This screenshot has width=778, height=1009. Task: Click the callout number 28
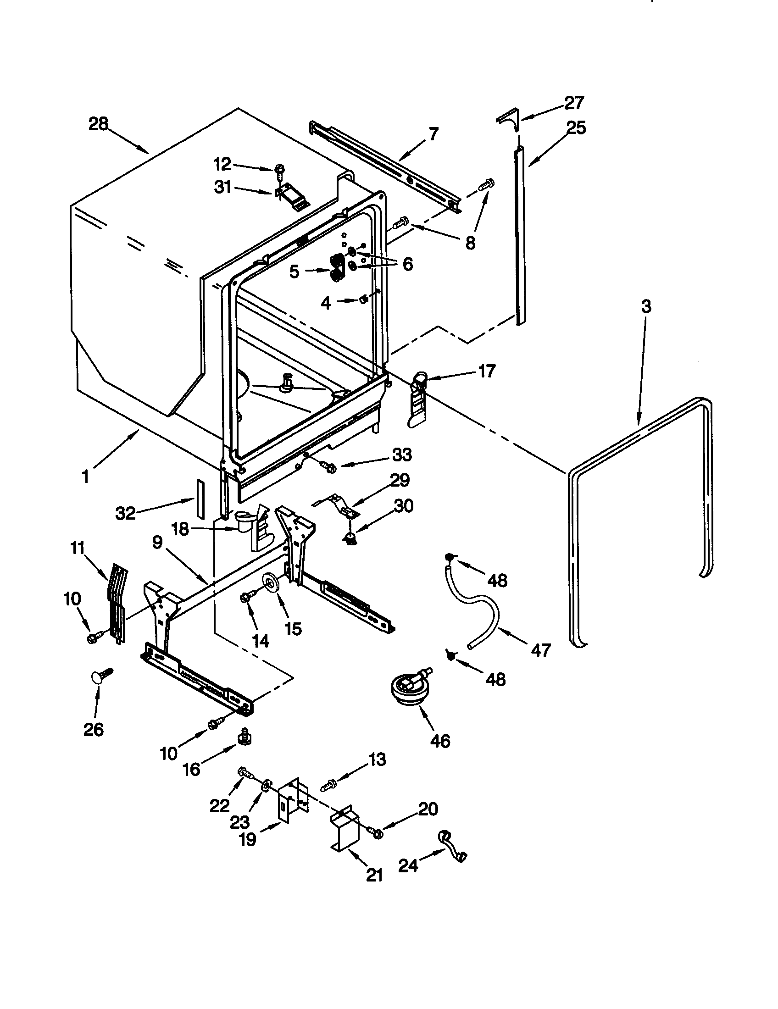98,124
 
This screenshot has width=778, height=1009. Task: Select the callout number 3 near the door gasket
646,306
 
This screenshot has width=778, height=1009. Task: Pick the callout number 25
576,127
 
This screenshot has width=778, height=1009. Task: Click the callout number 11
77,549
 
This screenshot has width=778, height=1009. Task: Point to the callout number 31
222,188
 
